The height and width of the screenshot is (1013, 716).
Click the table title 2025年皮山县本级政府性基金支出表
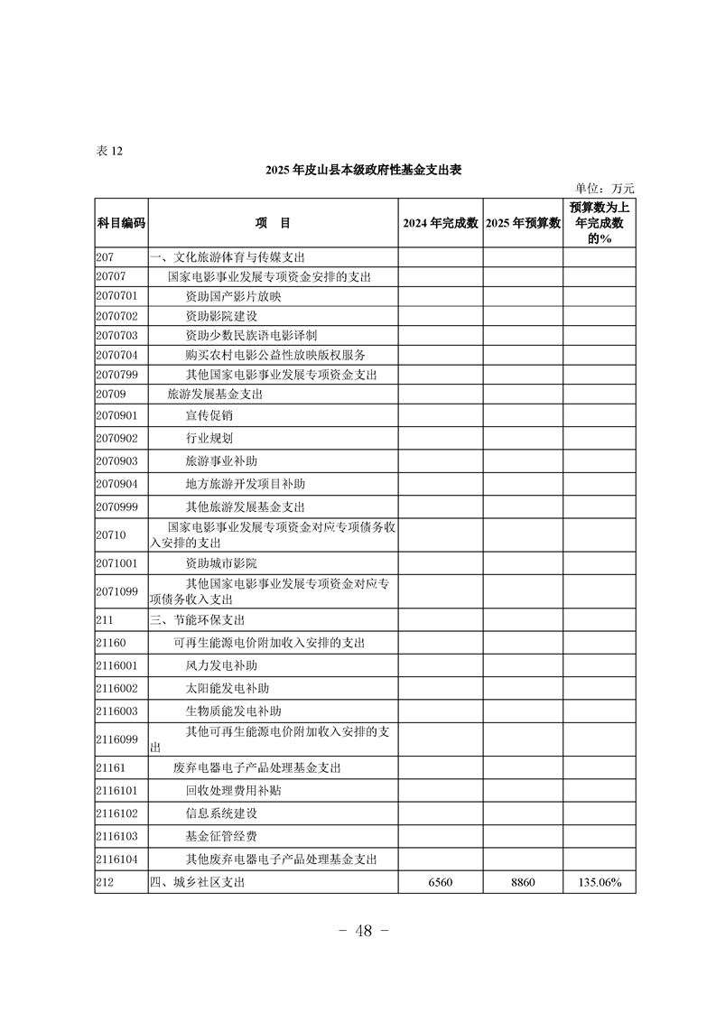pos(364,170)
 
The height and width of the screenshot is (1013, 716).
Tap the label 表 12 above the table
pos(108,151)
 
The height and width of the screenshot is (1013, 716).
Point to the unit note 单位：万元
pos(604,189)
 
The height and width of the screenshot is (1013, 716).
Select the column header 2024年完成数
pos(440,223)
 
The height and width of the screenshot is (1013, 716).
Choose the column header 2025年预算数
pos(523,223)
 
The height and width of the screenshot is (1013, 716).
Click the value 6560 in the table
pos(440,882)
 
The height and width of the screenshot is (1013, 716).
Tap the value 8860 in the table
pos(523,882)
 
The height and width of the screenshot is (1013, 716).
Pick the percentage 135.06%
pos(599,882)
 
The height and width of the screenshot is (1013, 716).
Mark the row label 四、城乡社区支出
pos(197,882)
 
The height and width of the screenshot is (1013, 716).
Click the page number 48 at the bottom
pos(358,931)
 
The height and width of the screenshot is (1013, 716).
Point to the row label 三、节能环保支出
pos(197,620)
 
